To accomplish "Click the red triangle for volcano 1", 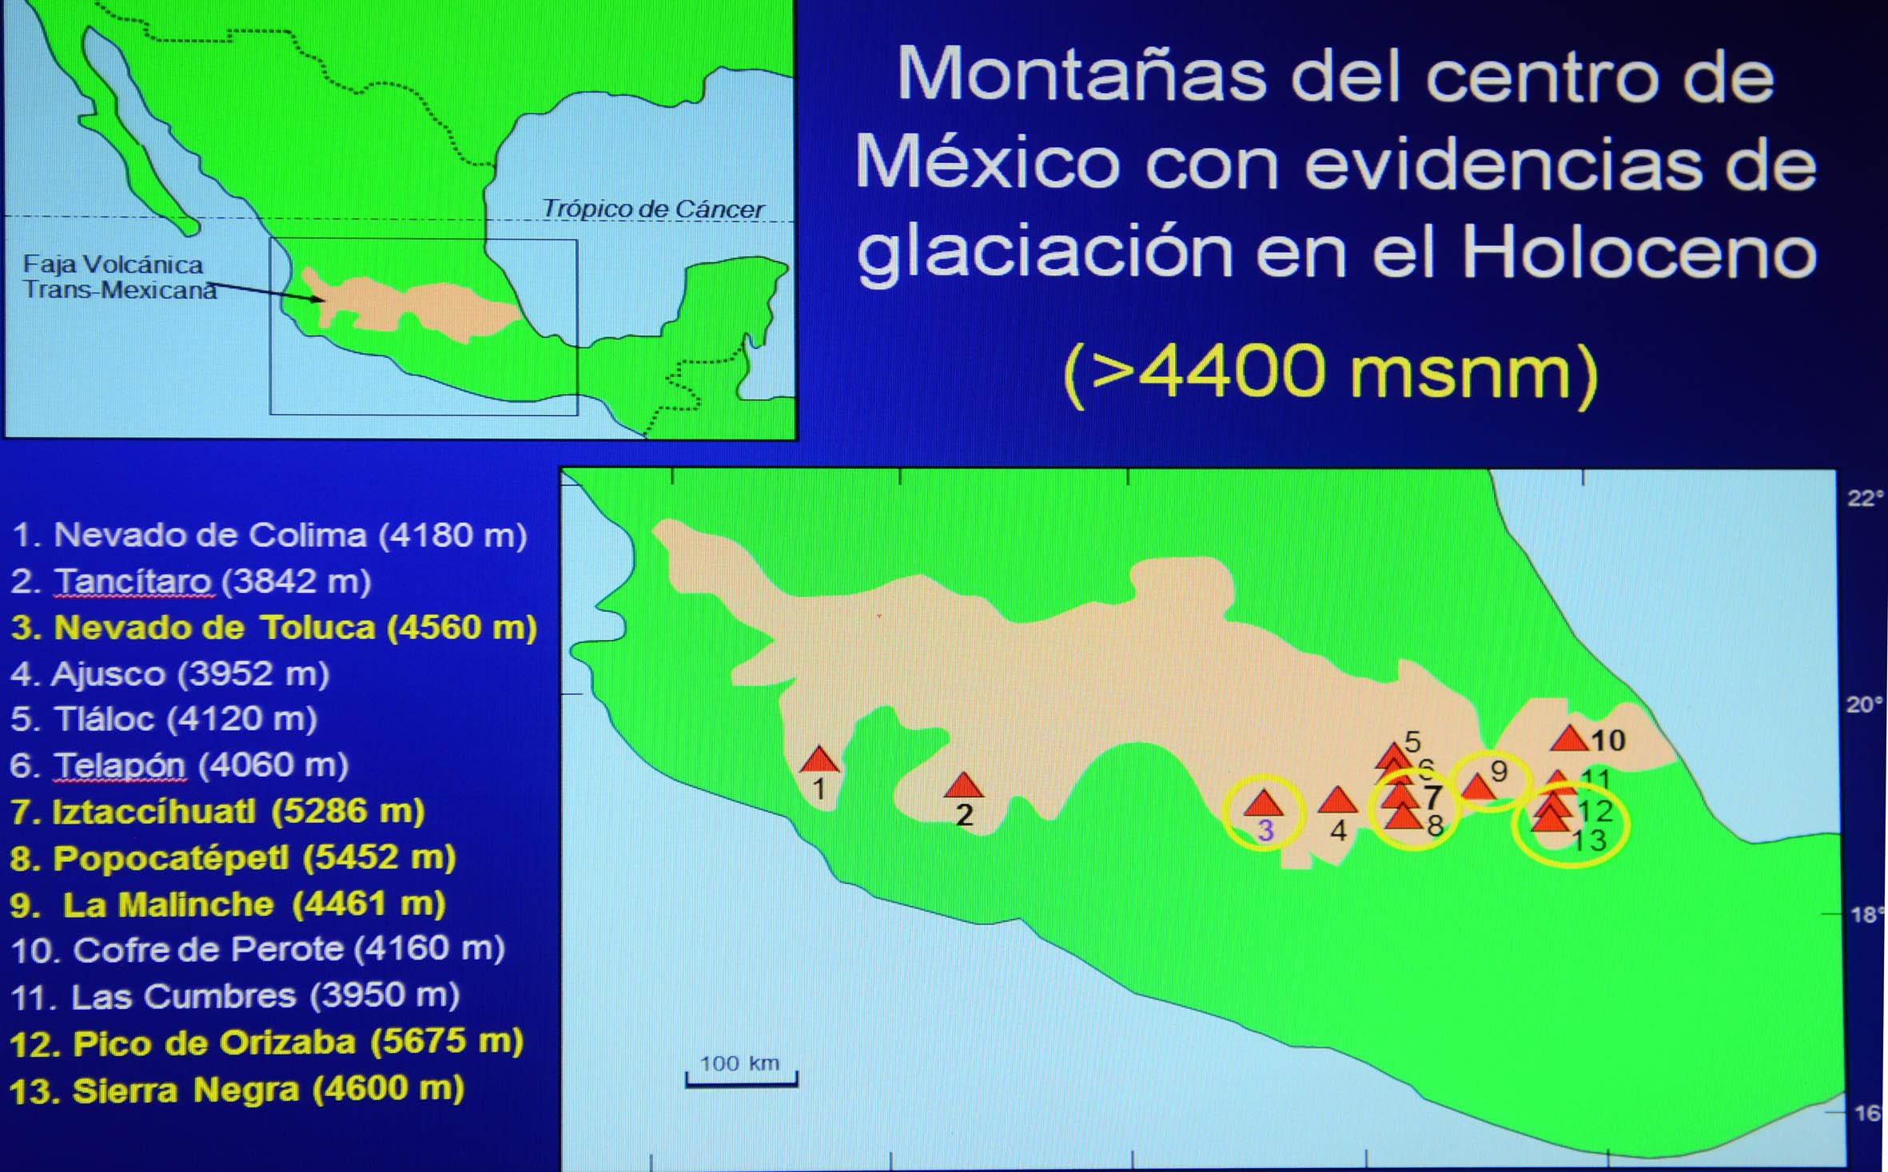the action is pyautogui.click(x=819, y=759).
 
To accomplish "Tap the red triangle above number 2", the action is pyautogui.click(x=963, y=785).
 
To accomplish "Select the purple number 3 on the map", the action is pyautogui.click(x=1265, y=831).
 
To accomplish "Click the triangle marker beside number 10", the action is pyautogui.click(x=1570, y=738).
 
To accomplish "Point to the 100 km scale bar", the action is pyautogui.click(x=742, y=1080).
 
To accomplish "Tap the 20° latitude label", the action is pyautogui.click(x=1865, y=705).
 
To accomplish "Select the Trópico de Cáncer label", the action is pyautogui.click(x=653, y=209).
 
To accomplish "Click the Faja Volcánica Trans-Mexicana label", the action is pyautogui.click(x=120, y=277).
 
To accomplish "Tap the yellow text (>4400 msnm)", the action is pyautogui.click(x=1331, y=374).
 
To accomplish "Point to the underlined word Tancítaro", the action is pyautogui.click(x=133, y=582).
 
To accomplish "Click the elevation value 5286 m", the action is pyautogui.click(x=348, y=812).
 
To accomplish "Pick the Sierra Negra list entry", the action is pyautogui.click(x=237, y=1090).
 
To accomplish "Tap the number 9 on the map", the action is pyautogui.click(x=1499, y=771).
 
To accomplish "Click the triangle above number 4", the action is pyautogui.click(x=1337, y=799).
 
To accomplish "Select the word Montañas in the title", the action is pyautogui.click(x=1082, y=74).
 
